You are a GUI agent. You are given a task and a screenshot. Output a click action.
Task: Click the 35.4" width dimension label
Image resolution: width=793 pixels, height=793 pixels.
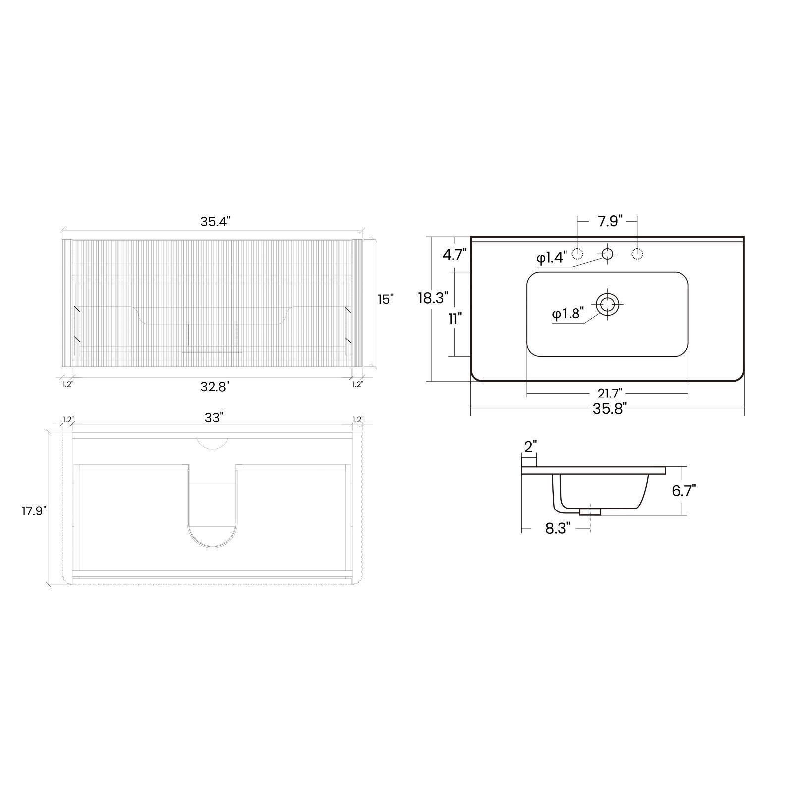pos(216,222)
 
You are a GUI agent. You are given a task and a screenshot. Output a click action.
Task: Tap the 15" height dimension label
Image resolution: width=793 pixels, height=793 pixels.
pos(385,299)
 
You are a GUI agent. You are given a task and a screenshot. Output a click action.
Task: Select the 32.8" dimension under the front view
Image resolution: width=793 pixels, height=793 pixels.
pos(216,387)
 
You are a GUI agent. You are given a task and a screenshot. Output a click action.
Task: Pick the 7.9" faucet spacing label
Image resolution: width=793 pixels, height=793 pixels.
pos(610,221)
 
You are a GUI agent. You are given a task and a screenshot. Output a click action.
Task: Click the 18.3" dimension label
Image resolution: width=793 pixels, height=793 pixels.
pos(433,298)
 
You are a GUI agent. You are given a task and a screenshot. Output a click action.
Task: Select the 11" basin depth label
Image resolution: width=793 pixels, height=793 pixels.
pos(455,319)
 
